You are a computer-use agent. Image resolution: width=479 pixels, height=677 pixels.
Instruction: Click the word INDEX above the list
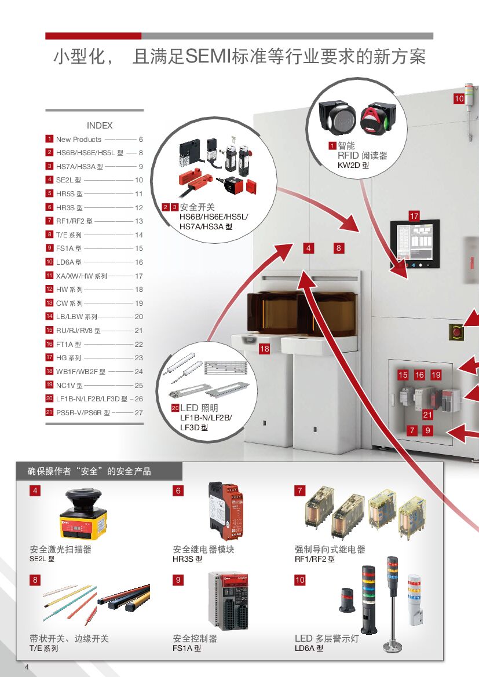click(x=100, y=126)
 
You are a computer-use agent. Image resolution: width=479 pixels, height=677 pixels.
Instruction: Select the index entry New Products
click(x=78, y=140)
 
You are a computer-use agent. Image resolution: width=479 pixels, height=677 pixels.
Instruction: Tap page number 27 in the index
click(x=138, y=413)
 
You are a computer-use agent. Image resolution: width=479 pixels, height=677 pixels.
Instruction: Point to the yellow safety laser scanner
click(x=86, y=514)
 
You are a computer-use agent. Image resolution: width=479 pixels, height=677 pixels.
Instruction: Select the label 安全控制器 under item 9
click(x=195, y=638)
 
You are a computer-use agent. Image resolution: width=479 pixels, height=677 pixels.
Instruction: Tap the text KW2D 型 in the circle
click(x=353, y=166)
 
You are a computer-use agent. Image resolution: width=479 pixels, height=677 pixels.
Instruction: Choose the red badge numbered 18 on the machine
click(x=264, y=349)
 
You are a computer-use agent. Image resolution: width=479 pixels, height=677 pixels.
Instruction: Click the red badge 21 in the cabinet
click(x=427, y=414)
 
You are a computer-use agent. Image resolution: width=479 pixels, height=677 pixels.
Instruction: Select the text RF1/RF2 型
click(x=315, y=559)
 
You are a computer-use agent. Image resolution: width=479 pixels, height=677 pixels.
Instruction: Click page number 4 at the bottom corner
click(x=27, y=668)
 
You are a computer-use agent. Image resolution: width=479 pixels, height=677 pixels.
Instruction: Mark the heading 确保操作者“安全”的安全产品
click(x=89, y=471)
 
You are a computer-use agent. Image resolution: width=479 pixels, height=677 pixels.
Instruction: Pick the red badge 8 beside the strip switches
click(x=36, y=580)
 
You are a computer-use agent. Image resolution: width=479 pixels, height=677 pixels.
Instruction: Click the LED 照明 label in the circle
click(x=199, y=408)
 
